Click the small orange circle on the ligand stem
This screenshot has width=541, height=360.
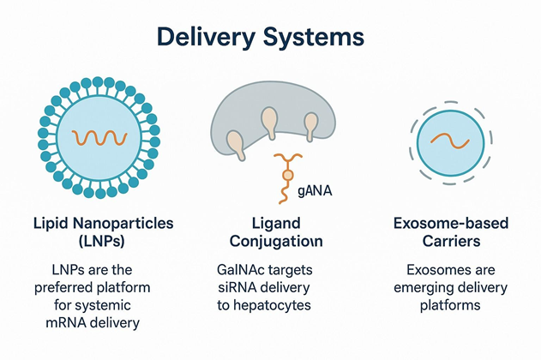click(288, 175)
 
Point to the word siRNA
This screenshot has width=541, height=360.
click(236, 287)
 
